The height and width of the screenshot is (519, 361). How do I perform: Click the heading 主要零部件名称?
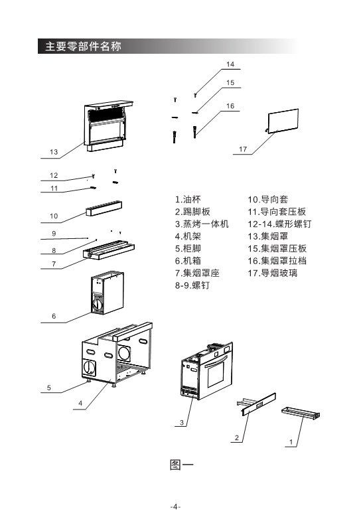coord(83,46)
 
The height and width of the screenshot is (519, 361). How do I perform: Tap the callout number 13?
coord(54,152)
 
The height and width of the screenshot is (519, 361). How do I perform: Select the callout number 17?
coord(243,149)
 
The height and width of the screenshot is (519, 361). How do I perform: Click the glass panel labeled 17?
coord(283,121)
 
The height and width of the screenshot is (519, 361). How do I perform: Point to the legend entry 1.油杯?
coord(188,199)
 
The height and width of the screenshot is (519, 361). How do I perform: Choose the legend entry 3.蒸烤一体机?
coord(202,224)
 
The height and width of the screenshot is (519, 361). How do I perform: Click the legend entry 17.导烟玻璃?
coord(273,273)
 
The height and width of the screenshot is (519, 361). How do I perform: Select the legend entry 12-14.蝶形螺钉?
coord(279,224)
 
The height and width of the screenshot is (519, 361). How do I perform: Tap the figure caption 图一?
coord(181,465)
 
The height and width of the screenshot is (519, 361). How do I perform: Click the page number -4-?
coord(175,506)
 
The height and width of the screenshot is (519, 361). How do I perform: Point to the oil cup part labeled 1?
coord(301,412)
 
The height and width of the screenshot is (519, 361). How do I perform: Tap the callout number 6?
coord(54,316)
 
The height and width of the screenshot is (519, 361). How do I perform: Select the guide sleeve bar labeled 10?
coord(104,208)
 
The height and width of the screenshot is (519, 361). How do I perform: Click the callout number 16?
coord(230,106)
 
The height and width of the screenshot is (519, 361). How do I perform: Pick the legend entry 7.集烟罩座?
coord(197,273)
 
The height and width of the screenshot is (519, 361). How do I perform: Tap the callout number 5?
coord(49,388)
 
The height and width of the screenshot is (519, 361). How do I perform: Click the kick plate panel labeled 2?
coord(259,404)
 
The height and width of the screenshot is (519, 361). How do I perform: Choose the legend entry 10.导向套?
coord(268,199)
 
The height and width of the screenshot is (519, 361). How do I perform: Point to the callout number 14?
coord(230,64)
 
